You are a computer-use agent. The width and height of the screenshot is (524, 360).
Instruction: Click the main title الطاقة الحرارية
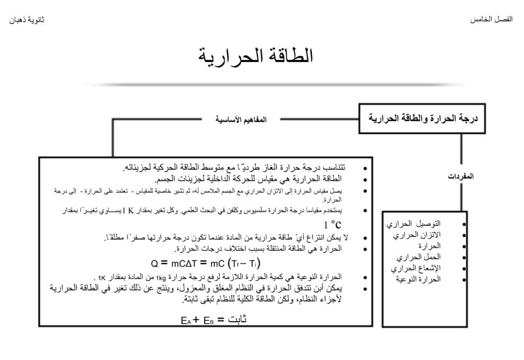coord(255,56)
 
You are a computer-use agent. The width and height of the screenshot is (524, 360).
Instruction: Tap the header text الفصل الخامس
coord(491,19)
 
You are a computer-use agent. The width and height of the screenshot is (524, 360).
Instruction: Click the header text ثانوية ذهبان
coord(27,20)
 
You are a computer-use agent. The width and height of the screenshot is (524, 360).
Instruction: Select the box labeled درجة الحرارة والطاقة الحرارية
coord(422,118)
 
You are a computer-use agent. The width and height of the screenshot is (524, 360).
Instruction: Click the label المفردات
coord(460,176)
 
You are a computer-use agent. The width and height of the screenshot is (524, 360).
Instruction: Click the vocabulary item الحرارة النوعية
coord(418,279)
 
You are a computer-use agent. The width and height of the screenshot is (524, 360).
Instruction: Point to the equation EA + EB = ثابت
coord(214,319)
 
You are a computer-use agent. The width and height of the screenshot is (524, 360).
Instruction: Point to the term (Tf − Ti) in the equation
coord(244,263)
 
